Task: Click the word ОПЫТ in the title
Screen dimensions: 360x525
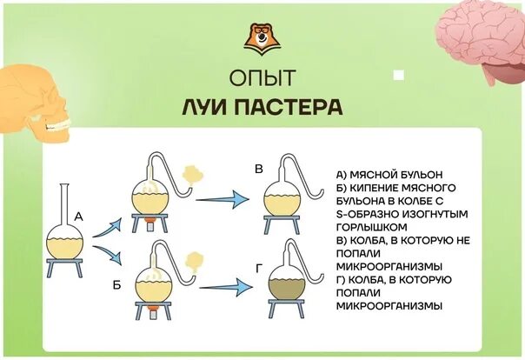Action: [x=262, y=78]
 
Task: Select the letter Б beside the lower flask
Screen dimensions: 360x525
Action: [x=117, y=284]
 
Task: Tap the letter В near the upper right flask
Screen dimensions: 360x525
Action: [x=258, y=170]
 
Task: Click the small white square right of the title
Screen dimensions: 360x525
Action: [x=398, y=75]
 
